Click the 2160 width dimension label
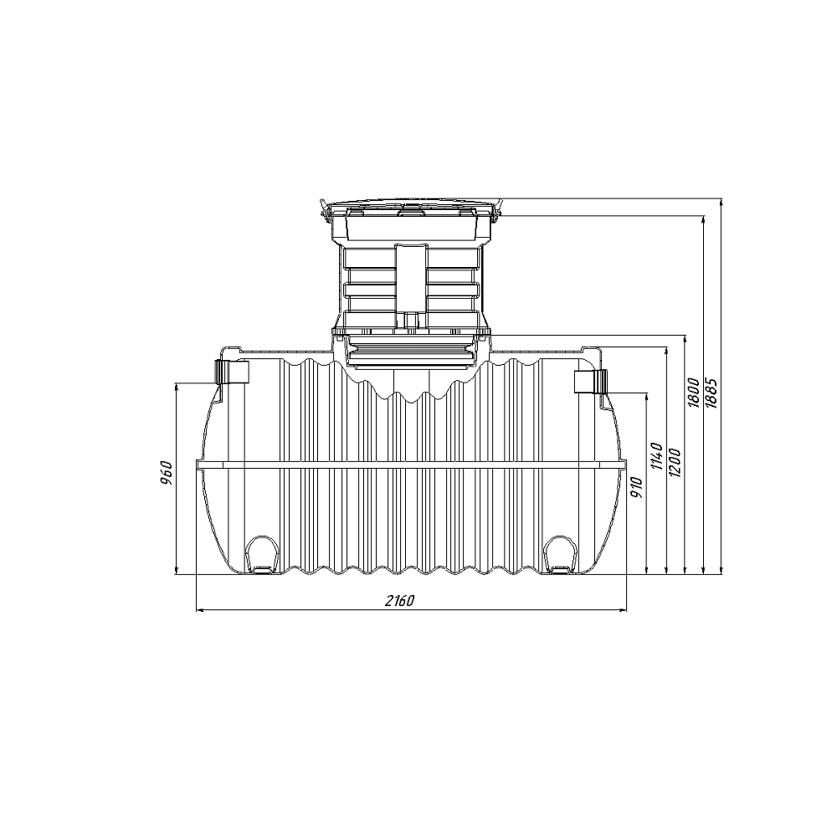click(399, 600)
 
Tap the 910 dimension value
click(636, 487)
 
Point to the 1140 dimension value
click(656, 456)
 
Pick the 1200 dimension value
click(675, 462)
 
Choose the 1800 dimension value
click(693, 393)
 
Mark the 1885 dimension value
click(711, 393)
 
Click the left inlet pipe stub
click(232, 372)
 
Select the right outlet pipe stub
click(590, 381)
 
